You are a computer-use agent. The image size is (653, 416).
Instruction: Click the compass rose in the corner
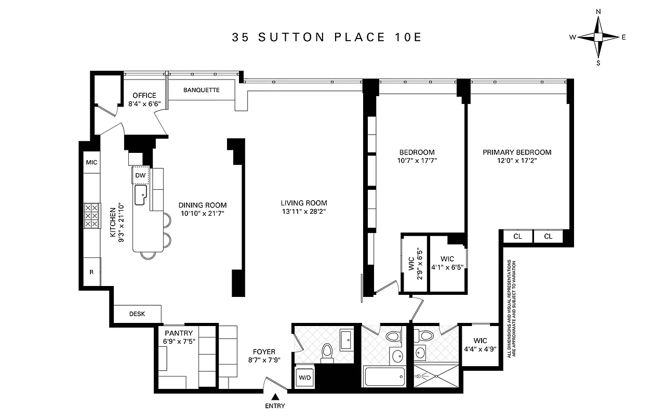point(598,37)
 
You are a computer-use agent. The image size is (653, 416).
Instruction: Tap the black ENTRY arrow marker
point(274,397)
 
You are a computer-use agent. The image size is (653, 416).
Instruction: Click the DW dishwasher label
point(140,176)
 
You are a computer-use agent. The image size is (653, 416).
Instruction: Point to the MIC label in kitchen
point(91,162)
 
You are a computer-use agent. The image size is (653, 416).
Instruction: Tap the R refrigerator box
point(91,271)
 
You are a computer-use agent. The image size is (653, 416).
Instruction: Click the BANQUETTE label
point(202,90)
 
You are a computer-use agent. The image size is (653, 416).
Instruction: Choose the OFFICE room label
point(144,96)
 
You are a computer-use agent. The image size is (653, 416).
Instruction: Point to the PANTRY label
point(179,333)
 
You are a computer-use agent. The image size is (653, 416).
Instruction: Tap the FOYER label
point(264,352)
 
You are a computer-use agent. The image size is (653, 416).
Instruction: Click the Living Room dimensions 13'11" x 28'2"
point(304,211)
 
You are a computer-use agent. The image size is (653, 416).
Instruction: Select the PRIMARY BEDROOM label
point(517,152)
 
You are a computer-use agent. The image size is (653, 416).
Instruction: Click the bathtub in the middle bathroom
point(384,375)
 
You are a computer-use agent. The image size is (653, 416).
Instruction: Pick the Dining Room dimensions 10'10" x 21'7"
point(202,213)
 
